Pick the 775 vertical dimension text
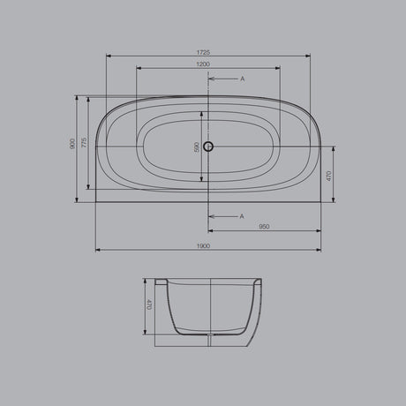pos(84,143)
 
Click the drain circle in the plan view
pos(209,147)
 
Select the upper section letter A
pos(242,79)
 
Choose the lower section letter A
pos(242,216)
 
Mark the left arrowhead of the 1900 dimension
pos(96,251)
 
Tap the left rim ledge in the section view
pos(161,282)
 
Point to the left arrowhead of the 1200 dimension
pos(139,69)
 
